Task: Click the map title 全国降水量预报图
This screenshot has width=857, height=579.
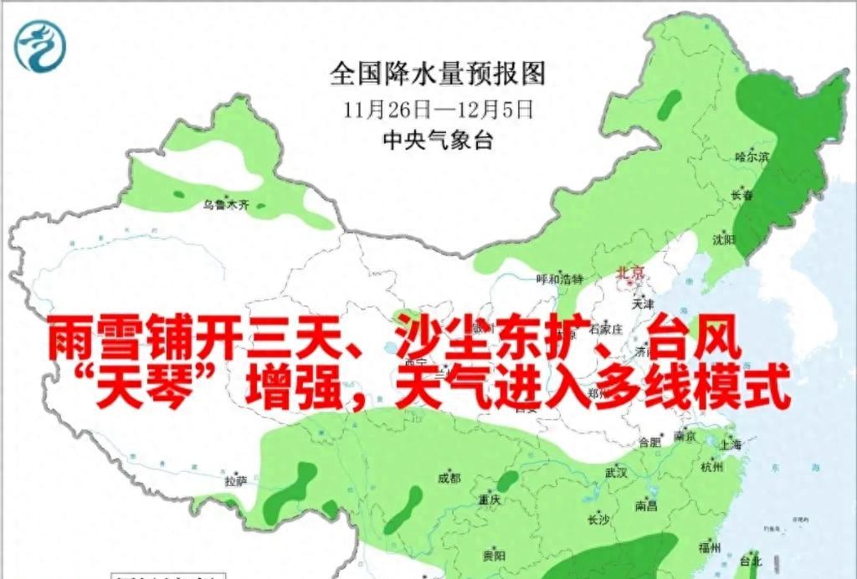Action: (x=438, y=74)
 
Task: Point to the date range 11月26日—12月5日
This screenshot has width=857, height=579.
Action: (x=438, y=110)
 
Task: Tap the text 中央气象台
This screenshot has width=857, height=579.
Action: (x=438, y=141)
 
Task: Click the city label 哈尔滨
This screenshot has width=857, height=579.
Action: (x=751, y=157)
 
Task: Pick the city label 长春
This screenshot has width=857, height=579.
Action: (x=742, y=196)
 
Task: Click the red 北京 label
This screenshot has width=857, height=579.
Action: (x=630, y=273)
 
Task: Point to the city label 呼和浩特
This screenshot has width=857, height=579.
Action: (x=559, y=279)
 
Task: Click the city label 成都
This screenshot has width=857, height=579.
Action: (x=449, y=479)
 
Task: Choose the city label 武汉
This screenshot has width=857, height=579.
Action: (x=617, y=473)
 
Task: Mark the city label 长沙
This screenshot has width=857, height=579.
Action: (x=598, y=520)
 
